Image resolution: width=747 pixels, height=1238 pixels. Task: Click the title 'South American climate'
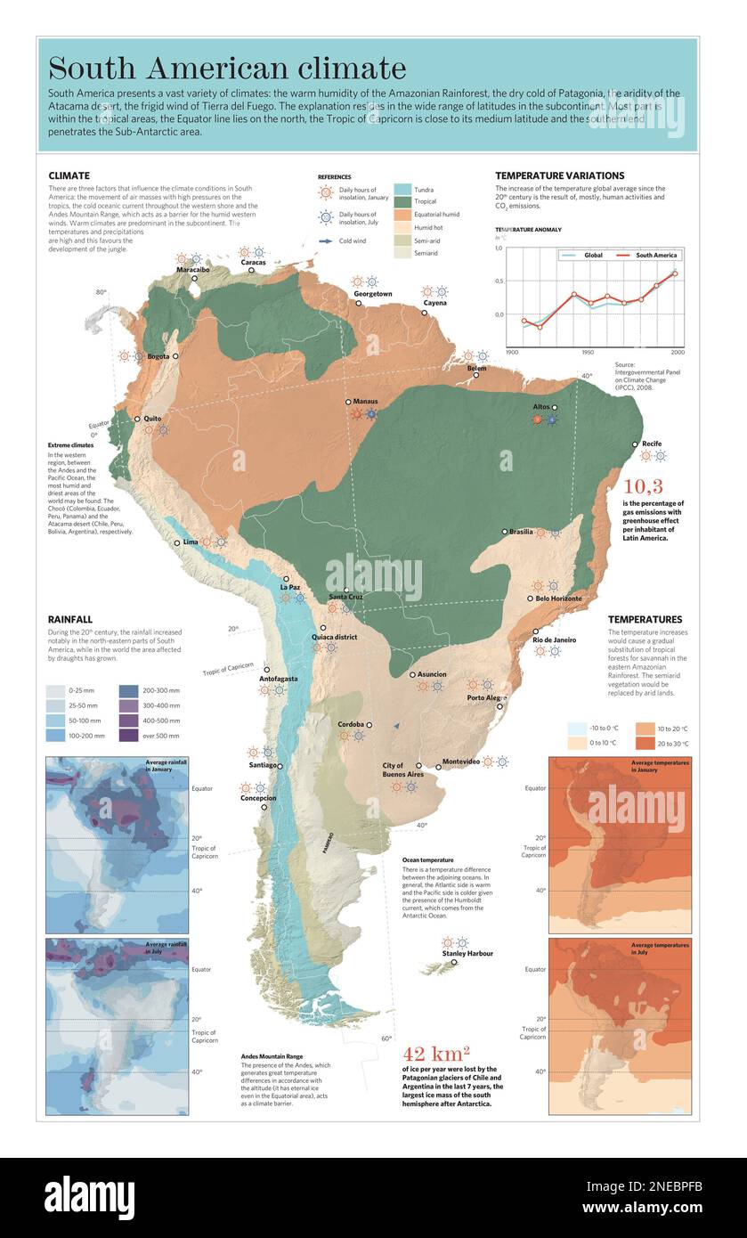227,68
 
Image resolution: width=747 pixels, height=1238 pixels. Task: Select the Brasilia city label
521,532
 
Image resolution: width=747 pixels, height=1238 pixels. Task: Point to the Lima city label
191,542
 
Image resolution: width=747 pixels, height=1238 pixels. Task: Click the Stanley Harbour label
467,954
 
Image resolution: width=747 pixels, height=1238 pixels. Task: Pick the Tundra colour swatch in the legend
402,190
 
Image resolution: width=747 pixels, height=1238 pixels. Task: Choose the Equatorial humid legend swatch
402,215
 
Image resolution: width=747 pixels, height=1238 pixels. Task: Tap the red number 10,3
643,486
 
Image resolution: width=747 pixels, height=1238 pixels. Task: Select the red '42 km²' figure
436,1055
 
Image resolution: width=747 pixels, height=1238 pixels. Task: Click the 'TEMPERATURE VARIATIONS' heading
559,176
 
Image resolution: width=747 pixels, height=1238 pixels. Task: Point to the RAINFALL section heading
70,619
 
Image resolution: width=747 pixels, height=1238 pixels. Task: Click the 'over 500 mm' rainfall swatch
129,736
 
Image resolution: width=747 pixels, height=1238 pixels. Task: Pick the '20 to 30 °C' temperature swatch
646,743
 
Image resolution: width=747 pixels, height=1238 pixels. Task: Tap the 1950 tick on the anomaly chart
588,353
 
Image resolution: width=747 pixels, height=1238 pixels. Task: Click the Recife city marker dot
636,444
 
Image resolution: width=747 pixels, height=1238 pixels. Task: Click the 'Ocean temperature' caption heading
429,860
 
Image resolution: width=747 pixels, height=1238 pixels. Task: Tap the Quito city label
153,419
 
